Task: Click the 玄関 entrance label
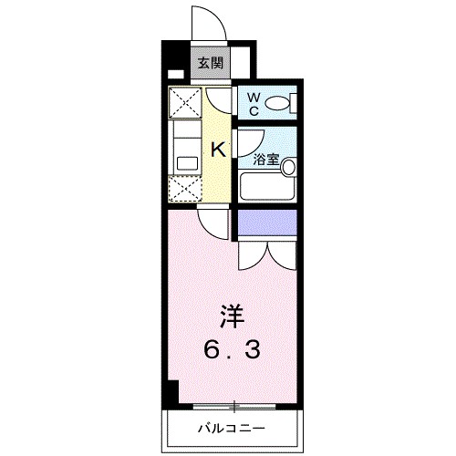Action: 210,64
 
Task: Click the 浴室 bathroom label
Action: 265,159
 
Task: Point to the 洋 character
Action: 232,318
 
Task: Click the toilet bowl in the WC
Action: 284,103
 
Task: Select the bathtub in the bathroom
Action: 268,186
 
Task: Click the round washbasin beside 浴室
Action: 288,167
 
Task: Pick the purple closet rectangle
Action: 268,223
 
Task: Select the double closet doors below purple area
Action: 267,255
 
